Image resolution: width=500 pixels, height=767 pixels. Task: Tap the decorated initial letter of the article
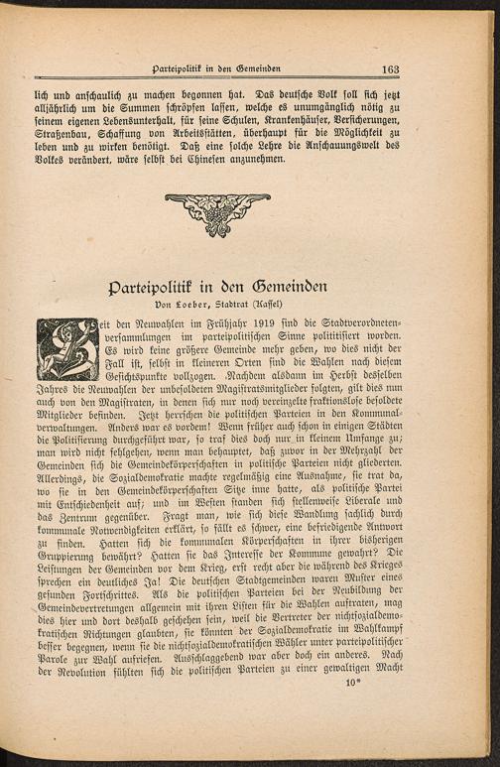click(68, 348)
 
